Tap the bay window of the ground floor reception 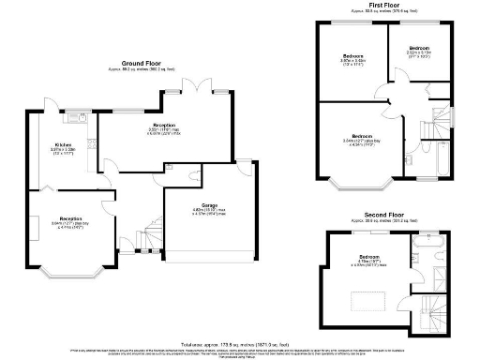point(67,274)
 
